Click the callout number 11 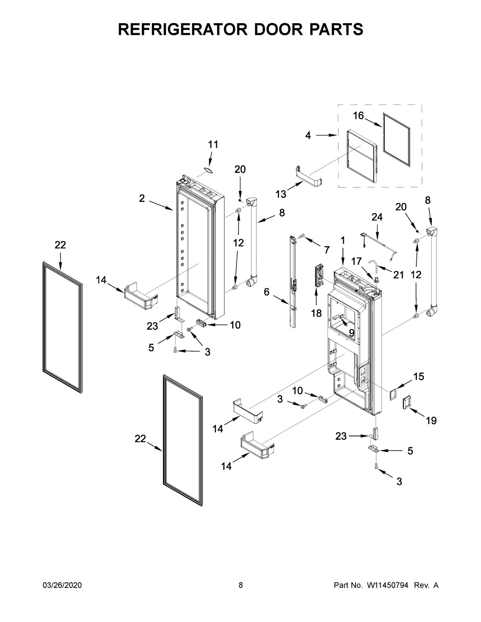[x=213, y=145]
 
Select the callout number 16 [x=358, y=116]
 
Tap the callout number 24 [x=377, y=217]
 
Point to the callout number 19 [x=431, y=421]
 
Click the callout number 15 [x=418, y=376]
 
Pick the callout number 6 [x=267, y=292]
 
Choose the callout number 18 [x=316, y=313]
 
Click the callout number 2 [x=142, y=198]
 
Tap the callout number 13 [x=281, y=194]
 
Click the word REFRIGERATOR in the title [x=178, y=29]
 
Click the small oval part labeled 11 [x=207, y=170]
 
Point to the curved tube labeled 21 [x=374, y=264]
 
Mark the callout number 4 [x=308, y=135]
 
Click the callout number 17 [x=357, y=260]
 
